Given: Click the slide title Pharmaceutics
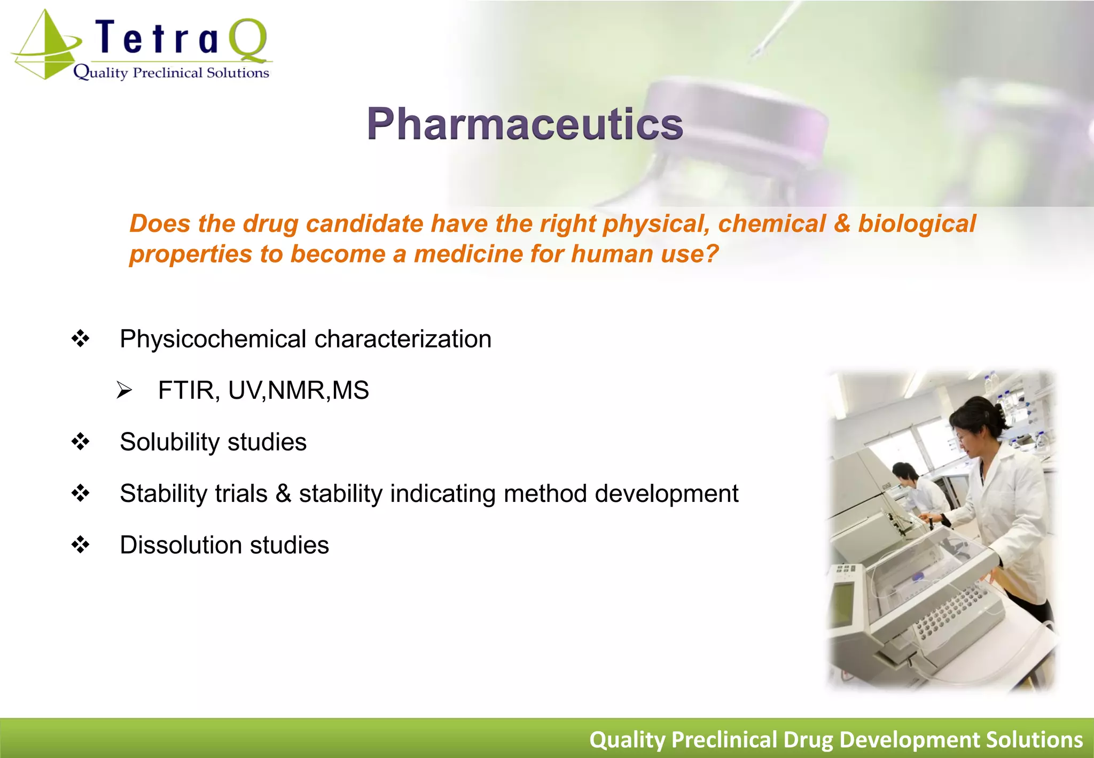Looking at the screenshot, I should click(x=525, y=124).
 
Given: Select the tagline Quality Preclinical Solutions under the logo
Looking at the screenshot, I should click(x=171, y=73).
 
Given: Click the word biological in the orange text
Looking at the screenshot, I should click(x=917, y=223).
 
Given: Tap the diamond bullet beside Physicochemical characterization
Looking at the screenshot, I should click(x=81, y=339).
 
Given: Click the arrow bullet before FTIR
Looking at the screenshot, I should click(x=124, y=391).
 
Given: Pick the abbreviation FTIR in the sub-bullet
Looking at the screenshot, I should click(x=186, y=390).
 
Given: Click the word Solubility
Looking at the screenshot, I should click(x=170, y=442).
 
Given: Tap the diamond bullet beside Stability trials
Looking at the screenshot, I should click(x=81, y=493).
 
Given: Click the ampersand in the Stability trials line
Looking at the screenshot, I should click(x=283, y=493).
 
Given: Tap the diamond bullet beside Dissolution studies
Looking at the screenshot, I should click(x=81, y=545).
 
